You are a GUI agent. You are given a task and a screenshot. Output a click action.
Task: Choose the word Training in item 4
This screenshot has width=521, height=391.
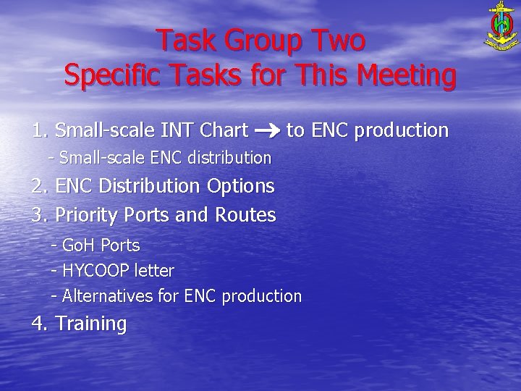(90, 324)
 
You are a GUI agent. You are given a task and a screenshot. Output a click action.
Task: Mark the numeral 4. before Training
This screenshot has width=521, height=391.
(40, 324)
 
